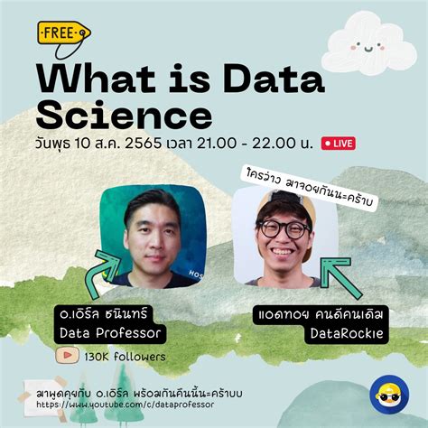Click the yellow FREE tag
click(62, 34)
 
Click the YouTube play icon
click(66, 356)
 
